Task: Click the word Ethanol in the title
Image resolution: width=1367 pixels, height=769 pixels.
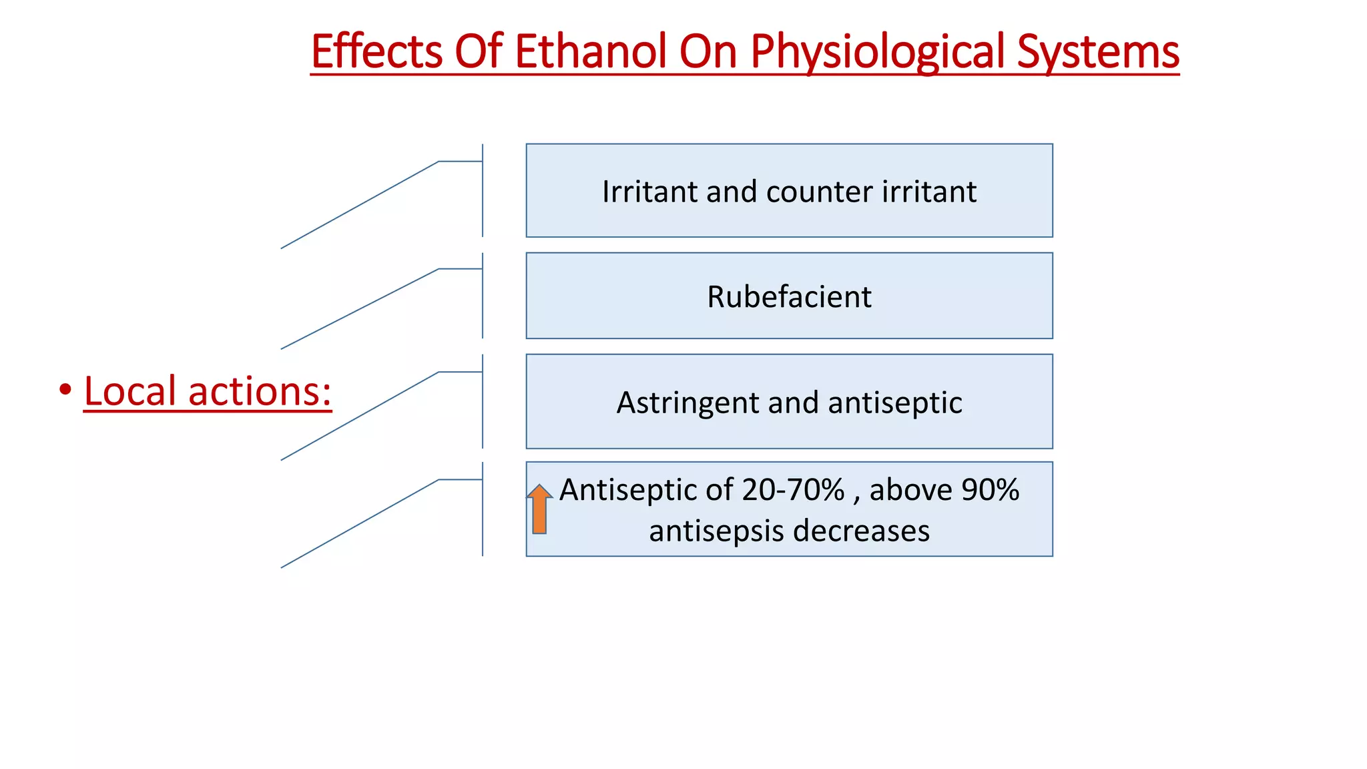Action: (x=591, y=51)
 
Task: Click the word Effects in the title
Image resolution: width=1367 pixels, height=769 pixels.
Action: (x=376, y=51)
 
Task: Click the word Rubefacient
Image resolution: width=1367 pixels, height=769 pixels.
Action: (x=789, y=296)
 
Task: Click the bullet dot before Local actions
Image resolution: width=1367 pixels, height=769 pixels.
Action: (x=65, y=389)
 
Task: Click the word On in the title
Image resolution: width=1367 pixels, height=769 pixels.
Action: (x=707, y=51)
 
